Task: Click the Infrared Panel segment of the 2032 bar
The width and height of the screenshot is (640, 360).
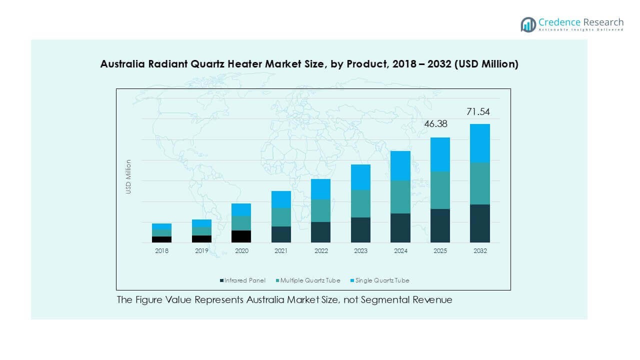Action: click(479, 223)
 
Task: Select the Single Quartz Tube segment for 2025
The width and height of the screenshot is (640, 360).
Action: click(440, 154)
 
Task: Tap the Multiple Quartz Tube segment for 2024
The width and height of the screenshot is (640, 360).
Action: click(400, 196)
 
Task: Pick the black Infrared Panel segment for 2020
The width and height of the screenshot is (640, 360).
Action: click(241, 236)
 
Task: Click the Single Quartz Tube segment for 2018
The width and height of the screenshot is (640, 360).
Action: click(161, 226)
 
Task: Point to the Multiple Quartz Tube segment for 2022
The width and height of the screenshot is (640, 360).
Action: click(320, 210)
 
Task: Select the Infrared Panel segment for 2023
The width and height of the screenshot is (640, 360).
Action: click(360, 230)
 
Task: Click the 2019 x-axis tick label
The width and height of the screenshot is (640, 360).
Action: click(201, 251)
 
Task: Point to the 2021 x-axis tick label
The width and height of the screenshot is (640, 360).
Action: click(281, 251)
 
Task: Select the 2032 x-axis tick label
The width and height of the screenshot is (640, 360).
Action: click(479, 251)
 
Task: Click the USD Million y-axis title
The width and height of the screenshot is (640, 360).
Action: click(128, 176)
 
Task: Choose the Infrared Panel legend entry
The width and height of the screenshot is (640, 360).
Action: click(242, 280)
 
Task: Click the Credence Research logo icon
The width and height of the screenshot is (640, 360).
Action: click(528, 24)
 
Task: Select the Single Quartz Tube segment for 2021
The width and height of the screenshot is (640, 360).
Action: click(281, 199)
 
